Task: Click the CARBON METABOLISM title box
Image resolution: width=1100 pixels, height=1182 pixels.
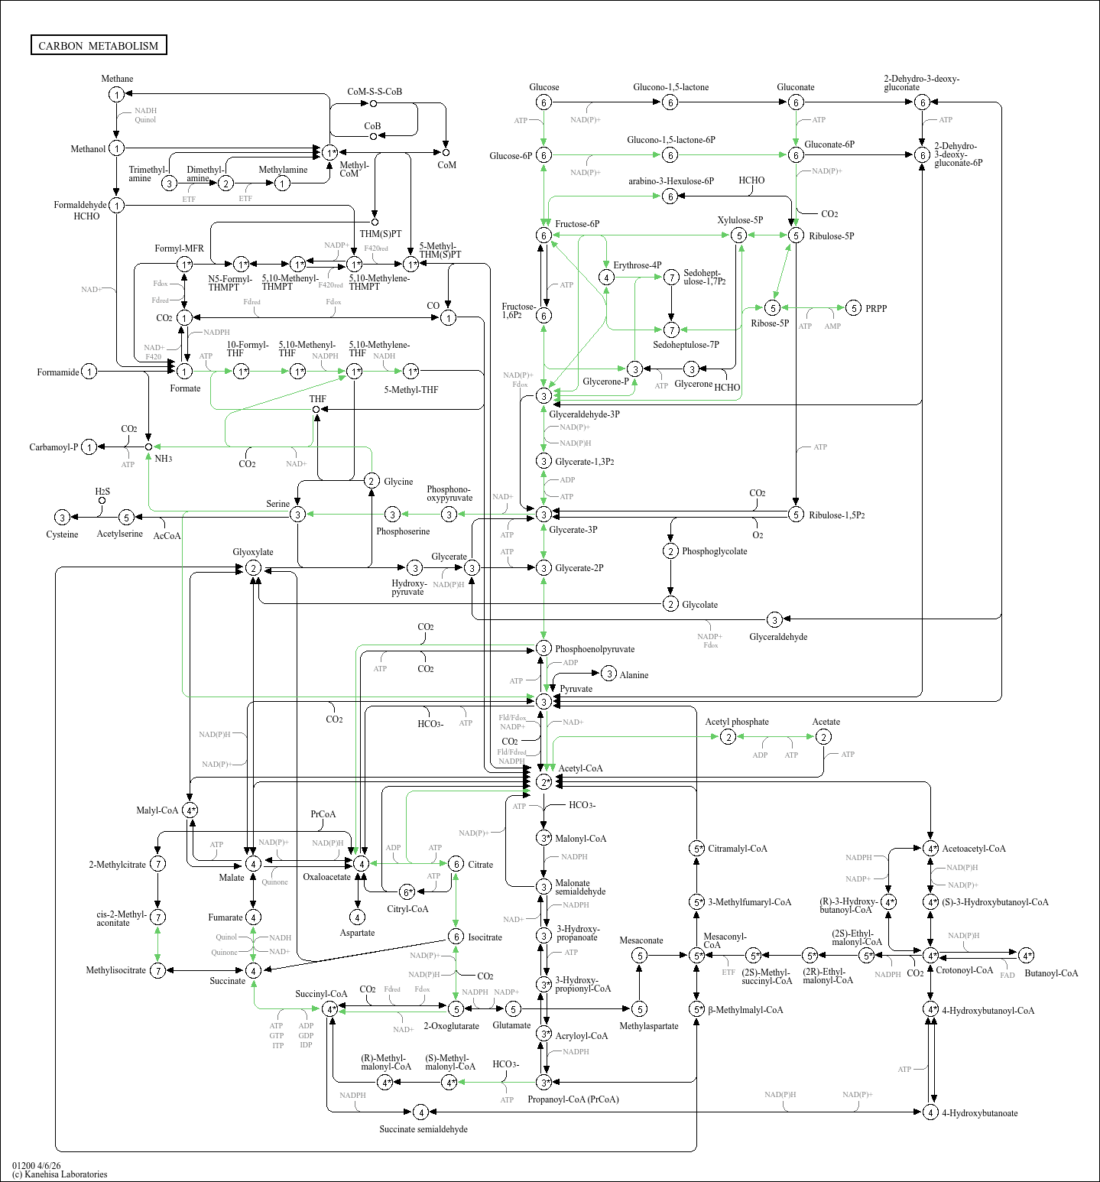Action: [99, 46]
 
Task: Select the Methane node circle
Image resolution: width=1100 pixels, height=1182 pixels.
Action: [116, 95]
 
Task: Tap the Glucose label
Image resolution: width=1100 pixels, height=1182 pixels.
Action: [544, 87]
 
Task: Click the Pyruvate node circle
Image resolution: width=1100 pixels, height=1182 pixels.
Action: [544, 701]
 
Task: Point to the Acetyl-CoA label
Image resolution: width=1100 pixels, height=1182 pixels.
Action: [580, 768]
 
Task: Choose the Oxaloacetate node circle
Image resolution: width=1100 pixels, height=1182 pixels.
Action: [361, 864]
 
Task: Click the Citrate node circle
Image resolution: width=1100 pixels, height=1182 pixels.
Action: [456, 864]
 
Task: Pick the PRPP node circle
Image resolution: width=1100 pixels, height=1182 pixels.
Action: [854, 308]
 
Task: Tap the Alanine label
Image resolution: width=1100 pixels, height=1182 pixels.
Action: [634, 675]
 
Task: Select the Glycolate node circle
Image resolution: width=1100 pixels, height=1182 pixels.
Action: [670, 604]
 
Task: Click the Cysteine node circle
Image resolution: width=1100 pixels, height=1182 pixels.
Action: [63, 518]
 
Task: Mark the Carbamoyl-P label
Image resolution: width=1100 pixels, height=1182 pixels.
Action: [54, 447]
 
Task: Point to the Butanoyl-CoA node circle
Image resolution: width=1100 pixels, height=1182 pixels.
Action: [1027, 956]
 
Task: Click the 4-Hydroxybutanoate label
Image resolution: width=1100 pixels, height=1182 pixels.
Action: [979, 1113]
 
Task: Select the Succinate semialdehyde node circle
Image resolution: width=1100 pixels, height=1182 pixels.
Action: [420, 1112]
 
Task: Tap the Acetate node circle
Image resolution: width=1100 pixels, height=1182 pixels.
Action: [823, 737]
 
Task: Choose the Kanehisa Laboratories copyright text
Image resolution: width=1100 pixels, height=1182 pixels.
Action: [60, 1174]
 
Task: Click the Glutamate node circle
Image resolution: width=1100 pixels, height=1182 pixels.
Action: [514, 1009]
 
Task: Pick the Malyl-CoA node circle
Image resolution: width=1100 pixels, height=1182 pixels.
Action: [190, 810]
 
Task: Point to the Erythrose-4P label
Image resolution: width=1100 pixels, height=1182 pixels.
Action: [637, 265]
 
